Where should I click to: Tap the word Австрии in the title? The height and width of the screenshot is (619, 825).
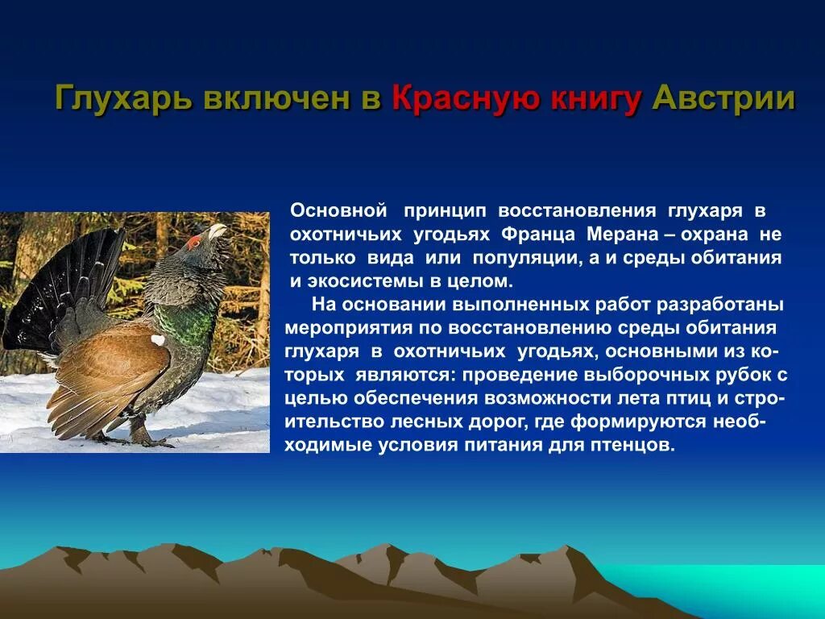click(x=723, y=99)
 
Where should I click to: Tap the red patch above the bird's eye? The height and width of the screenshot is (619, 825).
click(x=194, y=241)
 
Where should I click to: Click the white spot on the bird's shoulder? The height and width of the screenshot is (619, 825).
click(x=157, y=340)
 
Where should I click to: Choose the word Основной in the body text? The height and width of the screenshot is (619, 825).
click(x=339, y=210)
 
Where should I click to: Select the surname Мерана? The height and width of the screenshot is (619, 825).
click(x=624, y=234)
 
